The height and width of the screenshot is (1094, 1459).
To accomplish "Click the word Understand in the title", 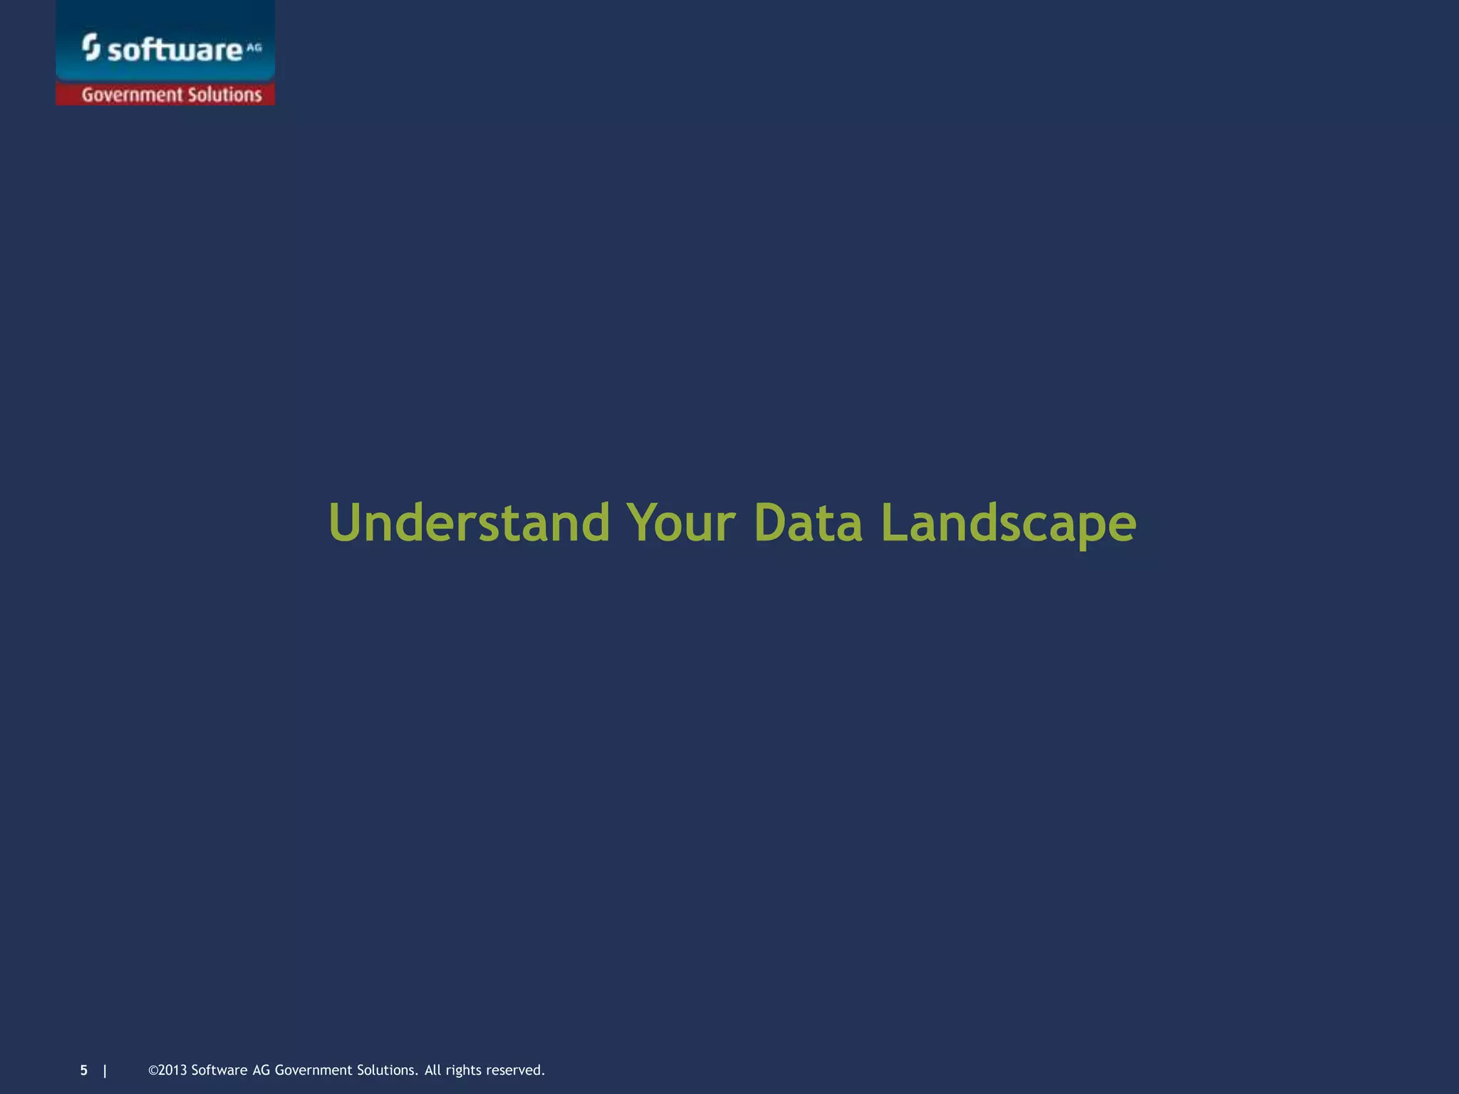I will pos(469,523).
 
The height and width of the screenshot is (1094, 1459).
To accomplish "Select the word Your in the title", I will pos(680,523).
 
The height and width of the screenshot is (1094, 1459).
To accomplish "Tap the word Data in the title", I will pos(808,523).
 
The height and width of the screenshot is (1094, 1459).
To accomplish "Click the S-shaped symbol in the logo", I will pos(90,47).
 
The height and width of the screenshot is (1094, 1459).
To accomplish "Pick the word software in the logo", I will pos(175,50).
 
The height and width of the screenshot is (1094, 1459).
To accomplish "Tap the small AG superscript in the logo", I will pos(254,48).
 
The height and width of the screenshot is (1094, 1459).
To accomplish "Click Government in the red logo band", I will pos(133,95).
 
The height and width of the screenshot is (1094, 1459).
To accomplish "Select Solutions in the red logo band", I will pos(224,95).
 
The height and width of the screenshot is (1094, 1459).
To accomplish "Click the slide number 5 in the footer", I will pos(84,1070).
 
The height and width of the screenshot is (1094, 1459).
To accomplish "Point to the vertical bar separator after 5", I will pos(105,1070).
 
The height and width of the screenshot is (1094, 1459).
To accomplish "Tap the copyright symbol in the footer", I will pos(152,1070).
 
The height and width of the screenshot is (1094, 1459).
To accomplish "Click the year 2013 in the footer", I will pos(172,1070).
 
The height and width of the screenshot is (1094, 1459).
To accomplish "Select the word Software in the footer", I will pos(219,1070).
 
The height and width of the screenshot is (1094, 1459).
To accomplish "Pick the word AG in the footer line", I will pos(261,1070).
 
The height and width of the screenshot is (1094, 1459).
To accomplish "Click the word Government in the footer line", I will pos(314,1070).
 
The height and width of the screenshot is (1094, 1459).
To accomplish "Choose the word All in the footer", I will pos(432,1070).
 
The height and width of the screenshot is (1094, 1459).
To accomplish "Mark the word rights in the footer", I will pos(464,1070).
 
